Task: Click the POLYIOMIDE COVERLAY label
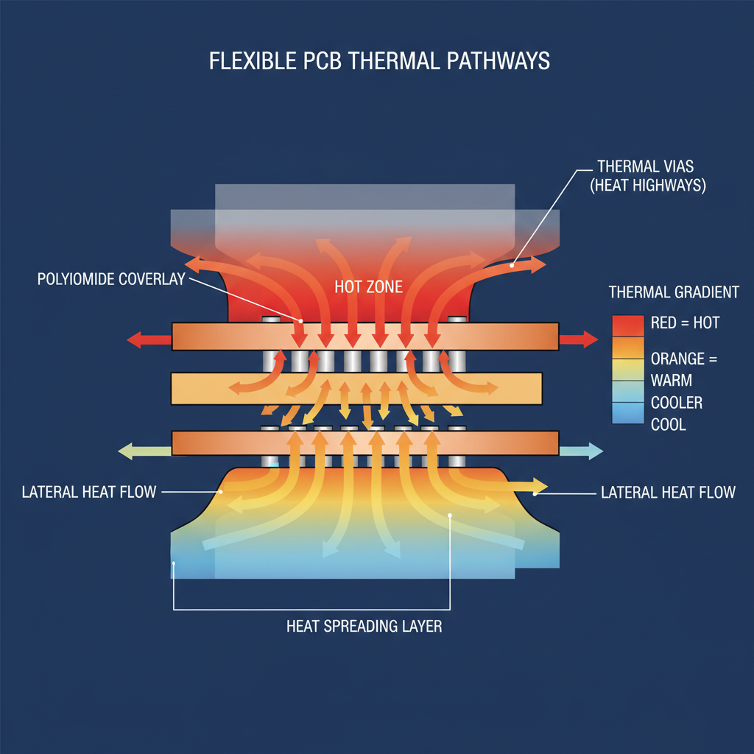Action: pyautogui.click(x=111, y=280)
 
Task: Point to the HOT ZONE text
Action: pyautogui.click(x=368, y=287)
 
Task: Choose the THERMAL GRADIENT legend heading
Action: pyautogui.click(x=674, y=292)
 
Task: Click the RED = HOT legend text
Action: pyautogui.click(x=686, y=323)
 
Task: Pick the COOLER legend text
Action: pyautogui.click(x=677, y=403)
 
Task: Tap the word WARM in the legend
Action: pyautogui.click(x=672, y=381)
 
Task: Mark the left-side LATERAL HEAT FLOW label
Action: pyautogui.click(x=89, y=492)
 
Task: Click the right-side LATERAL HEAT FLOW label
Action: pyautogui.click(x=668, y=492)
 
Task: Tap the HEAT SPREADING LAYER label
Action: pyautogui.click(x=364, y=627)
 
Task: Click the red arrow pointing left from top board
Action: pyautogui.click(x=148, y=339)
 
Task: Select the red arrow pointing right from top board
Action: pyautogui.click(x=579, y=339)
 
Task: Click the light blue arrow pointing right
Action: pyautogui.click(x=581, y=451)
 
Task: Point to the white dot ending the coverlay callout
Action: pyautogui.click(x=301, y=320)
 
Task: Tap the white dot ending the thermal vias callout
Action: pyautogui.click(x=514, y=261)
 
